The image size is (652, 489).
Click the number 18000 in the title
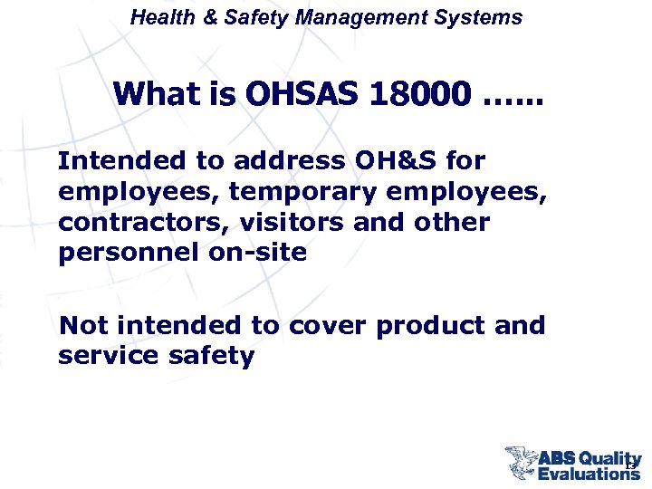coord(420,92)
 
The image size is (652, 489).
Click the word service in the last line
coord(108,356)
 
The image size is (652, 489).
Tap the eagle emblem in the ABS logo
coord(521,462)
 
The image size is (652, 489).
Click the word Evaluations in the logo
coord(590,473)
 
